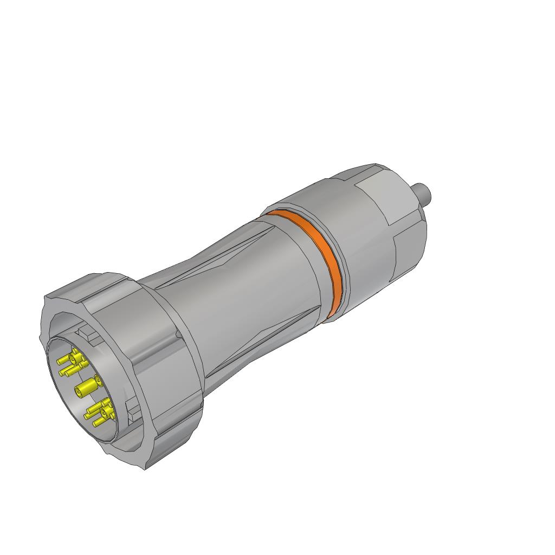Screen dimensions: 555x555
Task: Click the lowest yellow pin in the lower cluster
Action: [x=99, y=422]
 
